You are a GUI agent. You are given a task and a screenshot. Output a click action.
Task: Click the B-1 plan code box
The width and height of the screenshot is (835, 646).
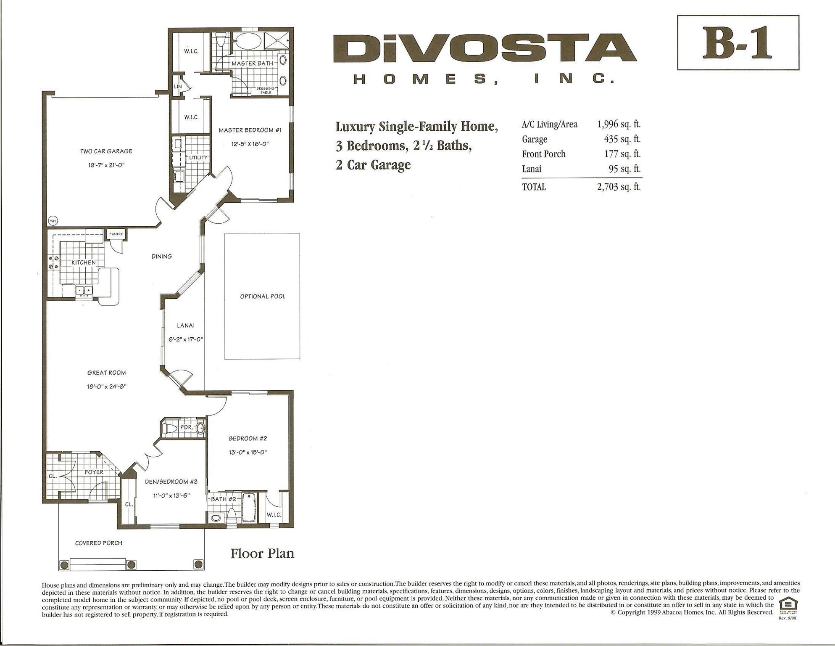point(738,42)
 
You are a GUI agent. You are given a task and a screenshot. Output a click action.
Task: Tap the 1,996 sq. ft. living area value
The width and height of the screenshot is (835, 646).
point(619,124)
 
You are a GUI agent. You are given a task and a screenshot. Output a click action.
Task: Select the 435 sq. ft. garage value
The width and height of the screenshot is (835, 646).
point(622,139)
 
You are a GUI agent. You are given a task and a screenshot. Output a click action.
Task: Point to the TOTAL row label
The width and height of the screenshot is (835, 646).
point(534,187)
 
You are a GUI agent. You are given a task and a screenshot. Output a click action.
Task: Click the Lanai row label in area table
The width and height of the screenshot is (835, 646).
point(532,169)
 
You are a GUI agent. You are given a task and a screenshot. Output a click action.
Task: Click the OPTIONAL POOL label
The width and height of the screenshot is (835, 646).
point(263,297)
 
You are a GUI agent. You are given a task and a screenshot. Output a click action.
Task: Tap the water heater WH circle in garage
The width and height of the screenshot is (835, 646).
point(53,220)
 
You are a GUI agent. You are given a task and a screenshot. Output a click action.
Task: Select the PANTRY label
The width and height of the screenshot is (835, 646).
point(116,234)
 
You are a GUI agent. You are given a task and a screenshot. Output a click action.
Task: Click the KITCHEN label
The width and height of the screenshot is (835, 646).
point(83,262)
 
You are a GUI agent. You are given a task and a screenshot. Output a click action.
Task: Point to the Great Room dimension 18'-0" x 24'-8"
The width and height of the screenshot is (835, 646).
point(107,387)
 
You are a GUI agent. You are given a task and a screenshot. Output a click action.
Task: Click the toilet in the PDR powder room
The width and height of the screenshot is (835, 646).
point(170,429)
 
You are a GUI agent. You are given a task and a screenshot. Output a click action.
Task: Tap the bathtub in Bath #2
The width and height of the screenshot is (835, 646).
point(249,508)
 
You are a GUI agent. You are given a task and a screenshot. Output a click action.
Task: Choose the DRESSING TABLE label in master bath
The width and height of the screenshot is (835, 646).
point(266,90)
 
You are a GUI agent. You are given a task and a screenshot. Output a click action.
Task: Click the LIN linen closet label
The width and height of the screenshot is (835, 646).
point(178,87)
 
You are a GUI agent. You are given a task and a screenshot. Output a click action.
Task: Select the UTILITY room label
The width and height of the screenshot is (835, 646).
point(198,158)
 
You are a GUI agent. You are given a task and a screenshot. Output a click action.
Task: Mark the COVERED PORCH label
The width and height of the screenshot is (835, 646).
point(99,543)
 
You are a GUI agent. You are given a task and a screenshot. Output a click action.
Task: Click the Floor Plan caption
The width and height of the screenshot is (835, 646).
point(262,553)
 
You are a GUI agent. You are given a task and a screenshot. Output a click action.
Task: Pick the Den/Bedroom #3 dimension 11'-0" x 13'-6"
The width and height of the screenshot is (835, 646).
point(171,495)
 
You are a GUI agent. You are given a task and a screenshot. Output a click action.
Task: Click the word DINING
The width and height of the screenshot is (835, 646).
point(162,256)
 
